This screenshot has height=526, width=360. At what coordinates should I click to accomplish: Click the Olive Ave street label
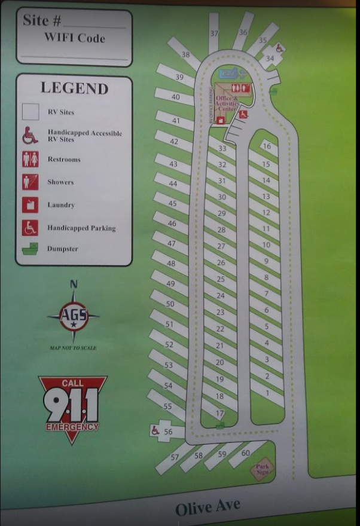[x=208, y=508]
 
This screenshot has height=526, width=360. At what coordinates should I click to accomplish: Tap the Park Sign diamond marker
[x=263, y=469]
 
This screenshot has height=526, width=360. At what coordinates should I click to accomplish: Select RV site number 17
[x=219, y=413]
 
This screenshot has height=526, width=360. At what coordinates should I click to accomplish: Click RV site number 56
[x=168, y=432]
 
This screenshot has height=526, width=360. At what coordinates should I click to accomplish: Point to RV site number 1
[x=267, y=393]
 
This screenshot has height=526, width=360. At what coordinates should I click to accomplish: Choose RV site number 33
[x=222, y=148]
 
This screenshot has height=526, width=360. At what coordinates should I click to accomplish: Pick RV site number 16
[x=267, y=146]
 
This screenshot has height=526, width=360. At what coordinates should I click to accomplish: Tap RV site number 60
[x=245, y=453]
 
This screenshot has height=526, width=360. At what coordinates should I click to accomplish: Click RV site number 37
[x=214, y=33]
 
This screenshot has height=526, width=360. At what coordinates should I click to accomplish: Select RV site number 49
[x=170, y=284]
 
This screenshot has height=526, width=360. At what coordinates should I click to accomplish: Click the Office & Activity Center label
[x=227, y=103]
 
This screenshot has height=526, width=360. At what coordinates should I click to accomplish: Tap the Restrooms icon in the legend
[x=30, y=159]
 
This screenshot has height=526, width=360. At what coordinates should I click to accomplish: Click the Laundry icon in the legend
[x=30, y=204]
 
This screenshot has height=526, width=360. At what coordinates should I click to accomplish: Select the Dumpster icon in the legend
[x=30, y=249]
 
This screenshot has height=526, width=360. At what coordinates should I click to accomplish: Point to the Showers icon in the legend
[x=30, y=182]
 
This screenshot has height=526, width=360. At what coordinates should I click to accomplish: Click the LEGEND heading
[x=74, y=88]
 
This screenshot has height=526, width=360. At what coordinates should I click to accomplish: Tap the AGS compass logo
[x=74, y=315]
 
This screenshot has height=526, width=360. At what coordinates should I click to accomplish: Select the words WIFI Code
[x=74, y=38]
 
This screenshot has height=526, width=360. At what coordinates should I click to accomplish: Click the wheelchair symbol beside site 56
[x=155, y=430]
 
